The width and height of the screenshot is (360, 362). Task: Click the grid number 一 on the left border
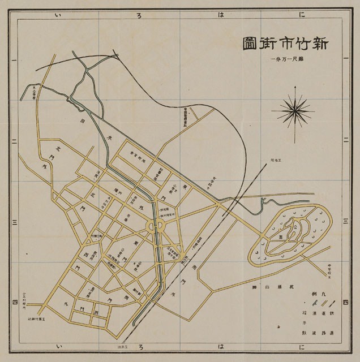[13, 59]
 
